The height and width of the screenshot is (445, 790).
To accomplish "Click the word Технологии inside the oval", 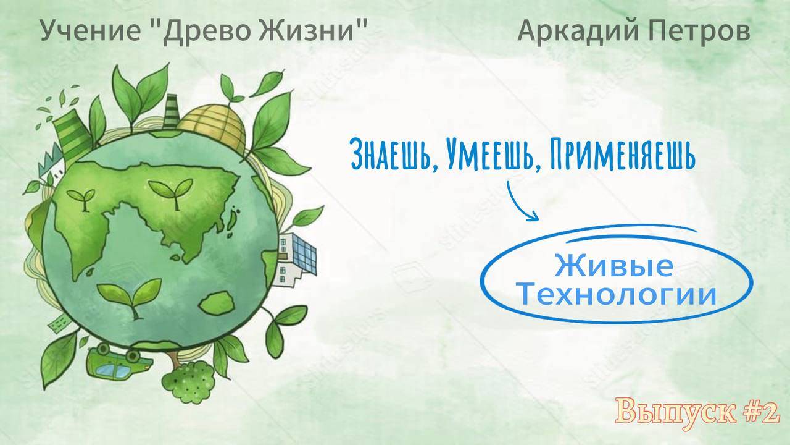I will [x=617, y=295].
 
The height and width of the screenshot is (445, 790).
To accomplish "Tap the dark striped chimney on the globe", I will [x=172, y=111].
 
